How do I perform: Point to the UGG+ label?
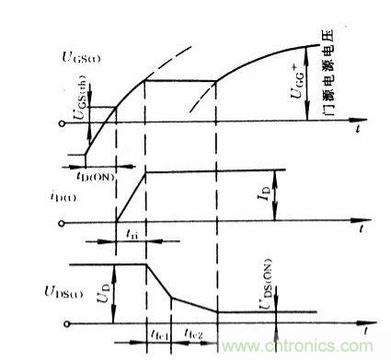(313, 93)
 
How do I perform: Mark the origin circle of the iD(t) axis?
(62, 222)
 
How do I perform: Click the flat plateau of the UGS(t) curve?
(180, 80)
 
